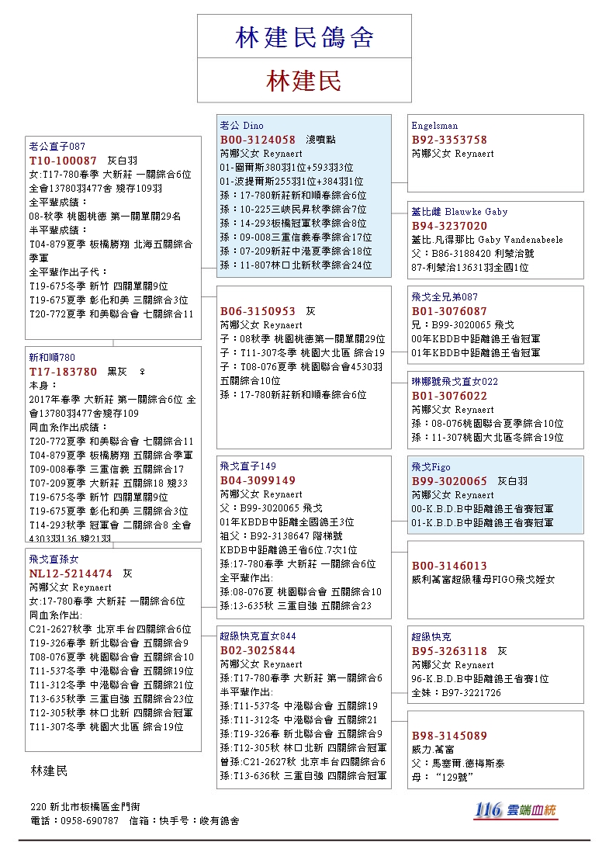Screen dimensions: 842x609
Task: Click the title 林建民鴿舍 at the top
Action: click(x=304, y=37)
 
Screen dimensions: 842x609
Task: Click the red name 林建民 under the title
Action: click(x=304, y=81)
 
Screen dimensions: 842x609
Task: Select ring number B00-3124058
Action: click(x=258, y=140)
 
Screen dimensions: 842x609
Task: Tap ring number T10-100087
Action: click(x=64, y=160)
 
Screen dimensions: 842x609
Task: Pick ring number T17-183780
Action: click(x=64, y=372)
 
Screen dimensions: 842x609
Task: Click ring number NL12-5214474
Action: click(x=71, y=573)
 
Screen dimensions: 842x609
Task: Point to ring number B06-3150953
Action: click(x=258, y=310)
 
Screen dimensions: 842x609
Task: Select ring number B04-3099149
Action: click(x=258, y=480)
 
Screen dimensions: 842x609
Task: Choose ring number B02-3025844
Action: click(x=258, y=650)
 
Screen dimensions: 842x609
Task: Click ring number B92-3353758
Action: click(x=449, y=140)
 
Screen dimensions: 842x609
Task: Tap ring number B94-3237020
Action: click(x=449, y=226)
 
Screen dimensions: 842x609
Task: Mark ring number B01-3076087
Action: click(x=449, y=311)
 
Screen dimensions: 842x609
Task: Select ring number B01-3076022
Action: click(x=449, y=396)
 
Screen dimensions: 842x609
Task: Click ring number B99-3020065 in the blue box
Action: click(x=449, y=481)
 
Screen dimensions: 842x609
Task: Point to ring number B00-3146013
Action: click(x=449, y=566)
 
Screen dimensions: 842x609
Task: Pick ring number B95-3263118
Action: click(x=449, y=651)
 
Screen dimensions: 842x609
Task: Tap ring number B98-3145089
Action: click(x=449, y=736)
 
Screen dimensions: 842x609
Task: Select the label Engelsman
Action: click(x=434, y=126)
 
